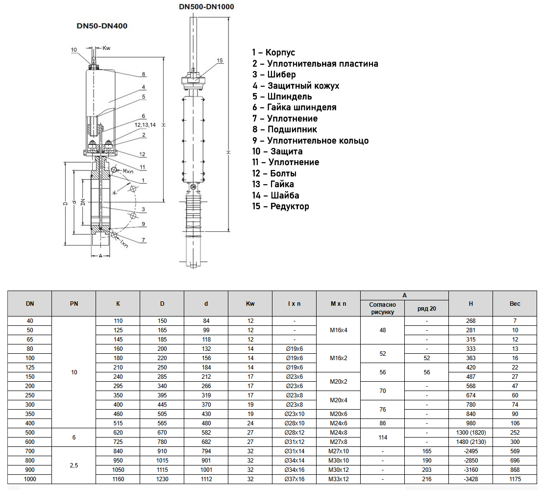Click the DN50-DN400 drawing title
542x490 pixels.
pos(102,26)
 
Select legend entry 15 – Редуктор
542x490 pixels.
pos(281,206)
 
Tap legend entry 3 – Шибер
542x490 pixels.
pos(274,74)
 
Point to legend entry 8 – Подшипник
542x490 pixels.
pos(285,129)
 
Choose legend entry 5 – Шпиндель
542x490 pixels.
pos(282,97)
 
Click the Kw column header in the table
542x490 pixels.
pos(250,304)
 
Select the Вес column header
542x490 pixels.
pos(515,304)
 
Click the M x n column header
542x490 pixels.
pos(338,304)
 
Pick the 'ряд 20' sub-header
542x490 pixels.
pos(426,309)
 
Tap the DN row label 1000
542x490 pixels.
pos(30,479)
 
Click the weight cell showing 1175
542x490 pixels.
pos(515,479)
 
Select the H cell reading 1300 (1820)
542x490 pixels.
pos(470,433)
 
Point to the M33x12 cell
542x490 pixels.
pos(338,479)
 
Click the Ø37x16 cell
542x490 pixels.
pos(294,479)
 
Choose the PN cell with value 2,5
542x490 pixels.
pos(74,465)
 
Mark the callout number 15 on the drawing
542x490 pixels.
pos(220,60)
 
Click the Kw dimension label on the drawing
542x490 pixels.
pos(106,48)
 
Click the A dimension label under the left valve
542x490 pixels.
pos(100,256)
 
